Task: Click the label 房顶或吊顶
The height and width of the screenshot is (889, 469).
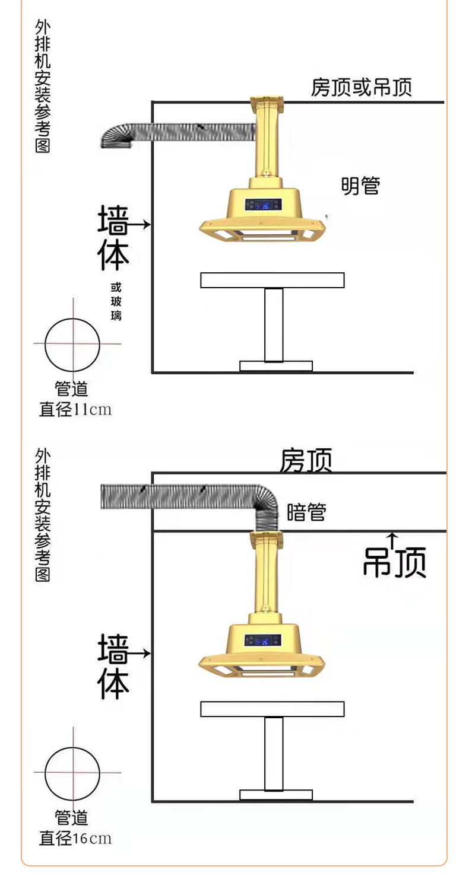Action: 361,88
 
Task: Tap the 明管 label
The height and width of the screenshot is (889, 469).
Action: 360,186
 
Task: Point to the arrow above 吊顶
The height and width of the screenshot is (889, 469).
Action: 392,540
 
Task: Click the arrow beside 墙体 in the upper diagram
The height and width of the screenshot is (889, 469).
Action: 140,225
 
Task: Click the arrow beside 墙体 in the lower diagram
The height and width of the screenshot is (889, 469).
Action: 140,654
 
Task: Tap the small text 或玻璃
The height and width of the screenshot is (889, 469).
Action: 116,301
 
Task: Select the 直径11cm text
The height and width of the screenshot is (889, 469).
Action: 75,409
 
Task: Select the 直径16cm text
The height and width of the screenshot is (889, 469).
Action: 75,838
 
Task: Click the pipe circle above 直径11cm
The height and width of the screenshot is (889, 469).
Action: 72,344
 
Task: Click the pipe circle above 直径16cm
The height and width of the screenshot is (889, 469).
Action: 72,773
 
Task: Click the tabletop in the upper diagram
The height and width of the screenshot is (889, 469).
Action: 272,280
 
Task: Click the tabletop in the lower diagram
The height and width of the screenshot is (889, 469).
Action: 272,709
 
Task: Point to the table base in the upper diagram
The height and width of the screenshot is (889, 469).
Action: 275,366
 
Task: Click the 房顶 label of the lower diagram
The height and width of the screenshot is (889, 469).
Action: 306,460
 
